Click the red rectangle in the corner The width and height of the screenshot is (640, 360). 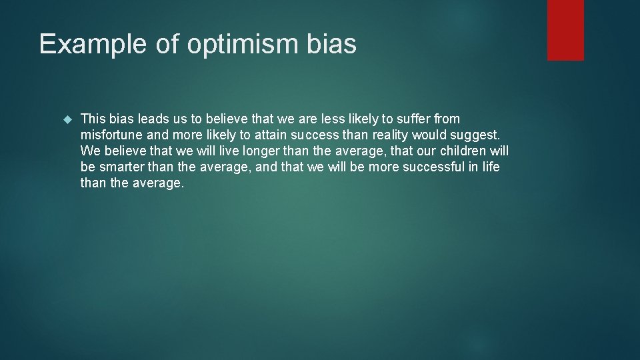tap(565, 30)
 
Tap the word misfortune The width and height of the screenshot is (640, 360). tap(109, 135)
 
